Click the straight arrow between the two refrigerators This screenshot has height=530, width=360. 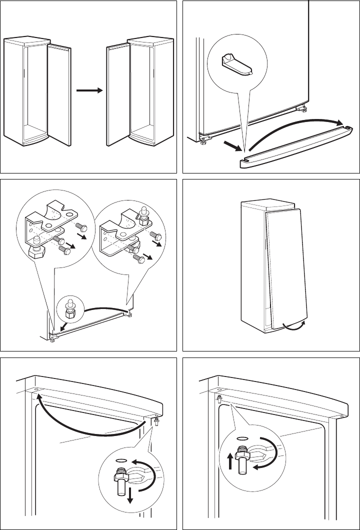pyautogui.click(x=89, y=91)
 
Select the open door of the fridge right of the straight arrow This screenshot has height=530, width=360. pyautogui.click(x=118, y=93)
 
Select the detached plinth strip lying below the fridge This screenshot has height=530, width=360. pyautogui.click(x=295, y=147)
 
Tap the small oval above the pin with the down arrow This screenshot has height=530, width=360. pyautogui.click(x=120, y=460)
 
